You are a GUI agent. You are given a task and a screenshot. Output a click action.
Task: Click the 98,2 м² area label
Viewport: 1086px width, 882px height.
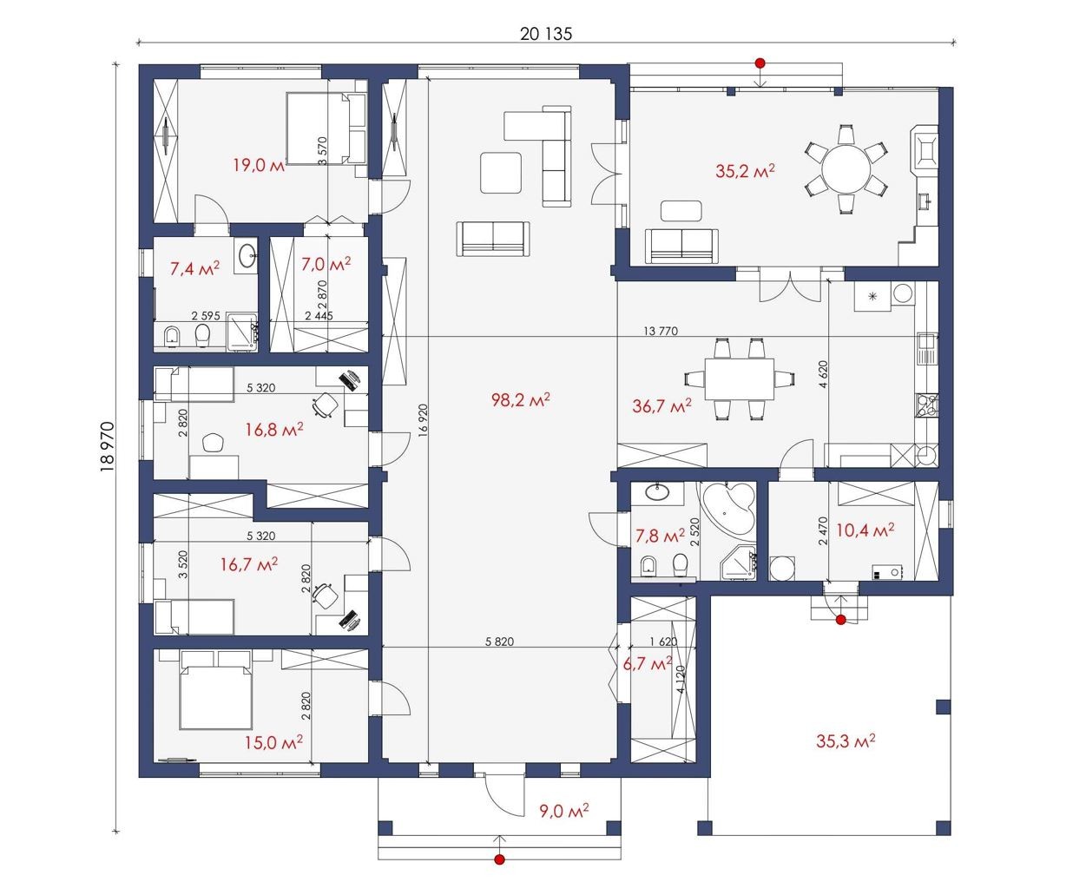521,399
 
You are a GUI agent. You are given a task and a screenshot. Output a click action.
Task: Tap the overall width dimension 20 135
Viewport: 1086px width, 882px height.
546,34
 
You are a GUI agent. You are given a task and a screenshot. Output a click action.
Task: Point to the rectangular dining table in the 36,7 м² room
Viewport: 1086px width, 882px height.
740,378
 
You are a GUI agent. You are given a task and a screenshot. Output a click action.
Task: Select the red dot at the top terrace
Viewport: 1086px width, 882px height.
760,63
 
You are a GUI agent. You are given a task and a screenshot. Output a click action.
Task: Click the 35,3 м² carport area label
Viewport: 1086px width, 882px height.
846,740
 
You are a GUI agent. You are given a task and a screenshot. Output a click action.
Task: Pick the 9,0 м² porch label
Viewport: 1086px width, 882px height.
564,810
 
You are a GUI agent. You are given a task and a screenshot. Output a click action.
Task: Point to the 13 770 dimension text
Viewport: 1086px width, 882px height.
661,331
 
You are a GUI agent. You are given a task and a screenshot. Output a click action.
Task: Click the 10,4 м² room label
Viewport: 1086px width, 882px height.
866,530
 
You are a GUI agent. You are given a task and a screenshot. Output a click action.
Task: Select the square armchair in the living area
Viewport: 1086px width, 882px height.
501,173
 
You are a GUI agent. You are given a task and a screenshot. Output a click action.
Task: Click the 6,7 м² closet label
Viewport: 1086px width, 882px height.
648,664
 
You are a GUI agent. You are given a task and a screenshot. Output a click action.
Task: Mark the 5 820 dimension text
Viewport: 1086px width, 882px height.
500,642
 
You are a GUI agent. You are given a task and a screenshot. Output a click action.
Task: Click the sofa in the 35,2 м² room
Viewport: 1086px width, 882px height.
681,247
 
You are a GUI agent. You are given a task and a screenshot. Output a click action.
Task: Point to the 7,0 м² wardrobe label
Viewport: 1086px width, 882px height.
326,264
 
